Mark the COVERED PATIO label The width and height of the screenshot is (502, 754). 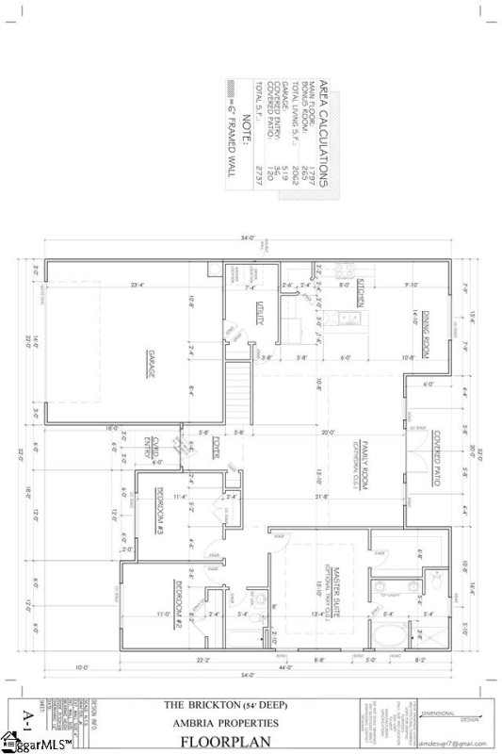[438, 452]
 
